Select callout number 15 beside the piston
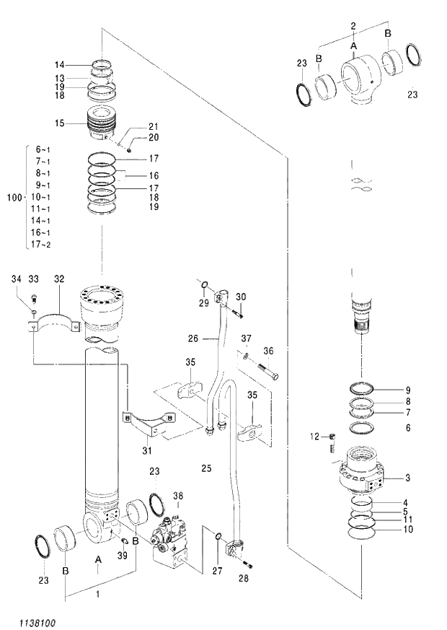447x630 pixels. point(62,123)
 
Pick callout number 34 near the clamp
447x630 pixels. point(16,279)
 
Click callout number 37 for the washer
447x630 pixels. point(246,338)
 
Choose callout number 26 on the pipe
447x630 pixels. point(193,338)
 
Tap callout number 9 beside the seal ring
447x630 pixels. point(407,390)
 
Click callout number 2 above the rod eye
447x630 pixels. point(353,26)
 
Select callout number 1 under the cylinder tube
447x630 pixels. point(97,593)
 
